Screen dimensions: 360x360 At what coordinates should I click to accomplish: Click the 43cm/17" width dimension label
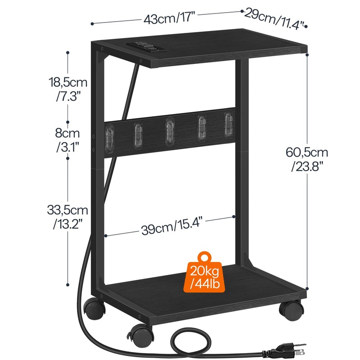[x=169, y=19]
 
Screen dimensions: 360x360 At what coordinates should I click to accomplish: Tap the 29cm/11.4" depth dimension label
[x=275, y=18]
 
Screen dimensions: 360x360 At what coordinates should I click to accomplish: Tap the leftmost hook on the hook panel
[x=108, y=135]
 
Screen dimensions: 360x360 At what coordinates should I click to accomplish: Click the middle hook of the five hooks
[x=169, y=130]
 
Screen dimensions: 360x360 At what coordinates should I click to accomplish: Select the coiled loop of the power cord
[x=189, y=340]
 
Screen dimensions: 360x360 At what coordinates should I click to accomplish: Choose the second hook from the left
[x=138, y=134]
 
